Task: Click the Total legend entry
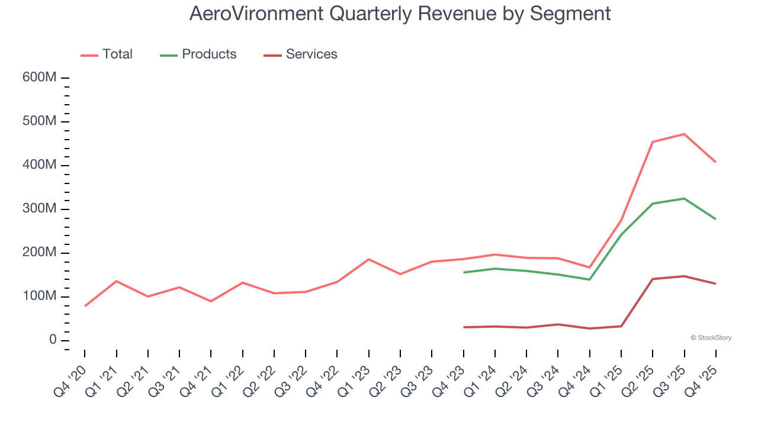107,54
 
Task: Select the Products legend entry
198,54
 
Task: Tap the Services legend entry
301,54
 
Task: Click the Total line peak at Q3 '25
684,134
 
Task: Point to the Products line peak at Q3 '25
684,199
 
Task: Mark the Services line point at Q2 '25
653,279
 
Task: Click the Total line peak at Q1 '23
368,259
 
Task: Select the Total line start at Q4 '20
85,306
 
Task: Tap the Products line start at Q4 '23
464,272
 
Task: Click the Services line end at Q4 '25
715,283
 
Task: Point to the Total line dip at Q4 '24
590,267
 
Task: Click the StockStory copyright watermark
711,338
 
